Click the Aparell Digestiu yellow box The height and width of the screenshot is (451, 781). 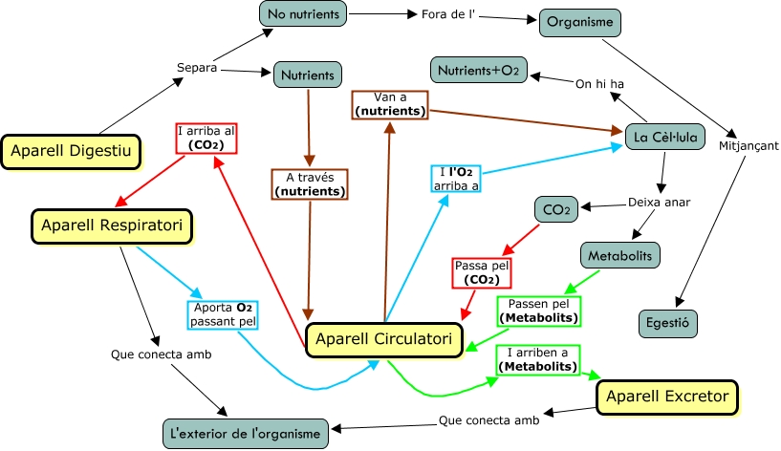71,150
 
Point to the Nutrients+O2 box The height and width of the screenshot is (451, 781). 478,71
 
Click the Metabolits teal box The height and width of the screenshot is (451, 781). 619,256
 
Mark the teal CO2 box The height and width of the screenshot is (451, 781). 555,207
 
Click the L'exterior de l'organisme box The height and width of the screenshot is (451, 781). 246,434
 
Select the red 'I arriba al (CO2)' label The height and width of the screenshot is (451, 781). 206,138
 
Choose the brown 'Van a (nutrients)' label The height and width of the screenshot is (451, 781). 389,104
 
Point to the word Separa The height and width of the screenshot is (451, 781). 198,68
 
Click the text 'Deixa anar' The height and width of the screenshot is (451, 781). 659,203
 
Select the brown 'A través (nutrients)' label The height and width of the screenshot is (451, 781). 309,184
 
